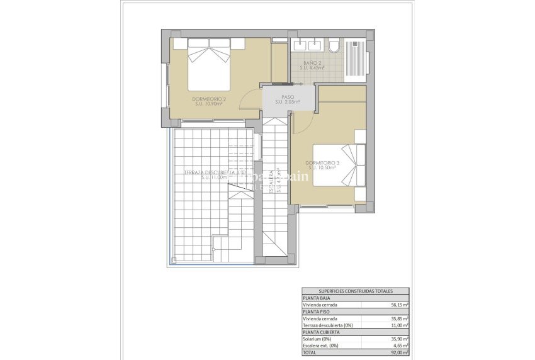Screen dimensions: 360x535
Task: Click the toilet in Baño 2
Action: pyautogui.click(x=334, y=47)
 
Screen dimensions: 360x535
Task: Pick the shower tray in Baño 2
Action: pyautogui.click(x=355, y=60)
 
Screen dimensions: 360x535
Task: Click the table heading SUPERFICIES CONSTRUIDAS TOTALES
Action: pyautogui.click(x=355, y=291)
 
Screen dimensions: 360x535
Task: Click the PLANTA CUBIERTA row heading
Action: pyautogui.click(x=322, y=332)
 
